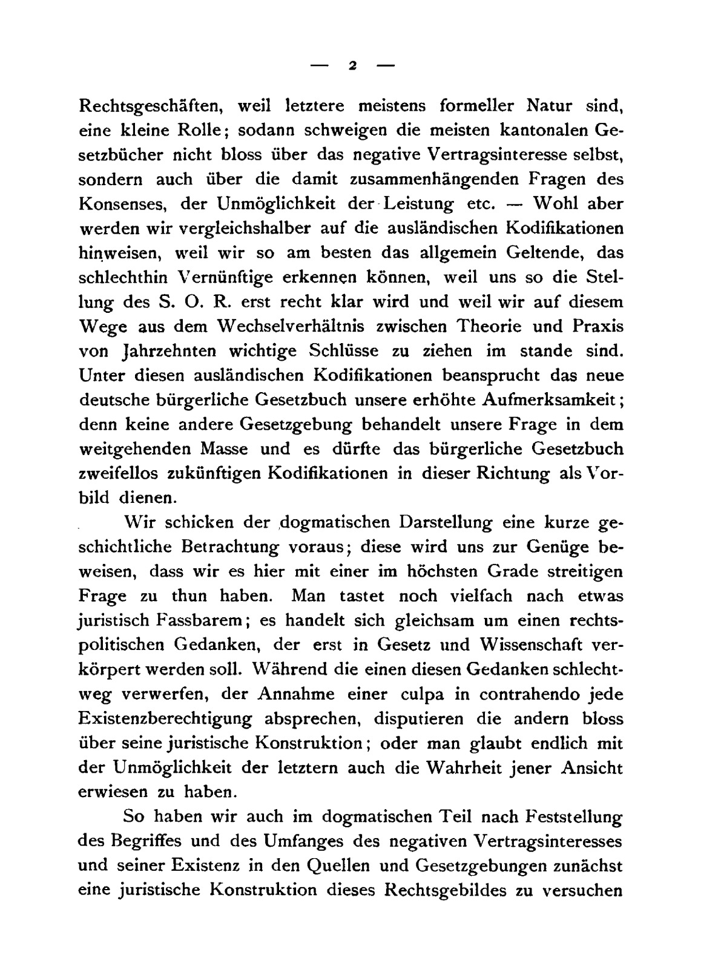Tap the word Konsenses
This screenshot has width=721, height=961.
coord(123,204)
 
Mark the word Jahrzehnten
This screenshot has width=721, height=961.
coord(149,351)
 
